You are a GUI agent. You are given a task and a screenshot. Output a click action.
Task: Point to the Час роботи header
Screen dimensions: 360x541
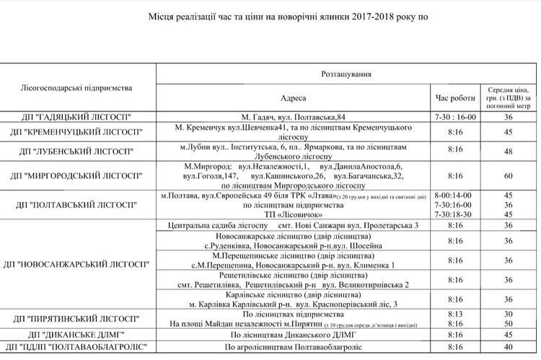tap(455, 97)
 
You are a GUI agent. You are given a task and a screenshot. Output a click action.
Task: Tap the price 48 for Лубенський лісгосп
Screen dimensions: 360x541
tap(509, 150)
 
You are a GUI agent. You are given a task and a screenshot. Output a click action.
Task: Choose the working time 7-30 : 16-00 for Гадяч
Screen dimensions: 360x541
tap(455, 117)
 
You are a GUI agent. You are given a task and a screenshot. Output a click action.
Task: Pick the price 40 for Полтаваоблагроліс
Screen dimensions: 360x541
tap(509, 347)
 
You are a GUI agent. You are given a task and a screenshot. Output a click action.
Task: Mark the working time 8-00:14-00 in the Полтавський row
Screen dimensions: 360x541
tap(453, 196)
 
